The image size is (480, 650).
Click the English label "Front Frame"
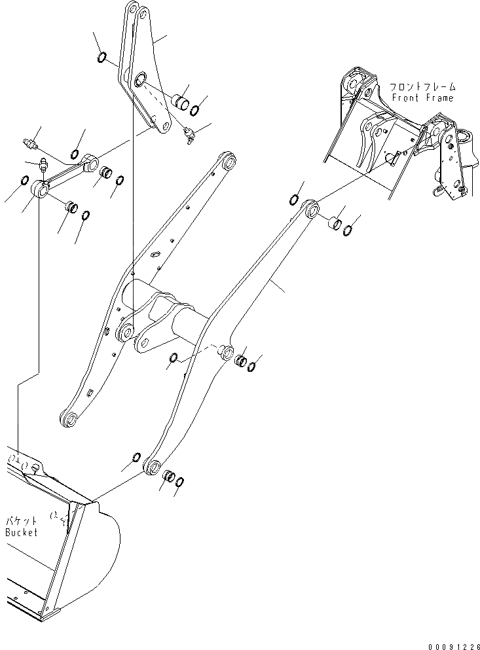(422, 98)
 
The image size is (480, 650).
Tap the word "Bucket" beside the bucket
(22, 532)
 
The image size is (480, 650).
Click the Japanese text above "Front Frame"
(422, 86)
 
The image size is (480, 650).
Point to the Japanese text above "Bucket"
(22, 521)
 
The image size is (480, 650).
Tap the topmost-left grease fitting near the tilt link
(29, 143)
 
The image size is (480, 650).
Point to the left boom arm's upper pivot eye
(229, 160)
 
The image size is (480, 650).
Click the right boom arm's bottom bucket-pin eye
(153, 467)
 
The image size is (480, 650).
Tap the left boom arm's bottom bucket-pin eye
(67, 419)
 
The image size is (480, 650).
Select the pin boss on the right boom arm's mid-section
(227, 353)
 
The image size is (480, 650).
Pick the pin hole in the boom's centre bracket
(142, 338)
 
